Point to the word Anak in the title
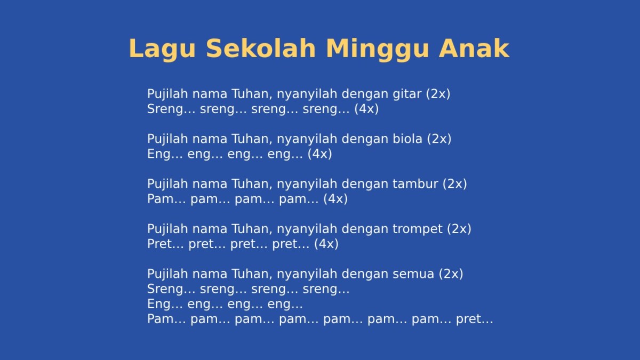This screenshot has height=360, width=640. (x=474, y=49)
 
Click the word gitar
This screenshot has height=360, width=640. (x=407, y=94)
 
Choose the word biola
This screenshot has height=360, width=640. (x=407, y=139)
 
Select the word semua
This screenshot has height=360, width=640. (x=414, y=274)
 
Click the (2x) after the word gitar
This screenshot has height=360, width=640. (x=438, y=94)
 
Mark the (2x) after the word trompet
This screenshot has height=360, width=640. (x=459, y=229)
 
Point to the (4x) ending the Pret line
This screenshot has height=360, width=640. (x=326, y=244)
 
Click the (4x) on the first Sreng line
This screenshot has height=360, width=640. (x=366, y=109)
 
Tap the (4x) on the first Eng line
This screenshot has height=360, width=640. (x=319, y=154)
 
